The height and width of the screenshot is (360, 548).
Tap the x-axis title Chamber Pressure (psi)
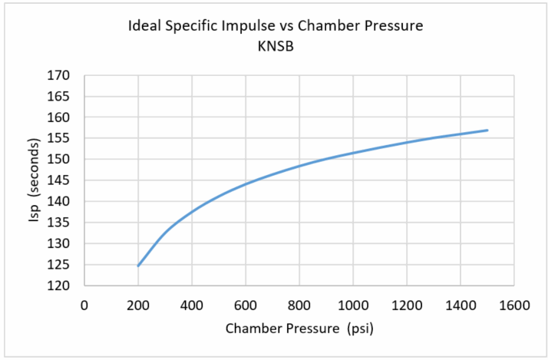299,329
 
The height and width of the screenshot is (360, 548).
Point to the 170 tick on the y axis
61,76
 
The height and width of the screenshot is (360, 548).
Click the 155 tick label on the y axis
61,139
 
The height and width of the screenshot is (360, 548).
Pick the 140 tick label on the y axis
61,202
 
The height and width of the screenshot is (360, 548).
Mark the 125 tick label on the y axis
61,265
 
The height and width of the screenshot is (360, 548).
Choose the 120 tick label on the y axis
61,286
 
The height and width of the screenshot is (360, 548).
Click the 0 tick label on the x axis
84,304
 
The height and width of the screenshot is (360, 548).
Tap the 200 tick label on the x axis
138,304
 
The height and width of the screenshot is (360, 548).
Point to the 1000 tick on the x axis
352,304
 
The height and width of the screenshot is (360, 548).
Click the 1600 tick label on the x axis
513,304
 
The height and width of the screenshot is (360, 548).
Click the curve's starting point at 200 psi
139,266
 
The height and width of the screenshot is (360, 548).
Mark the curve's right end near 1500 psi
487,130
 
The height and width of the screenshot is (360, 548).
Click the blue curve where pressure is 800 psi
299,166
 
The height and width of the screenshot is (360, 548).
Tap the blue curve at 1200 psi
406,142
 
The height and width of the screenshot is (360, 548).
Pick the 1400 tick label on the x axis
460,304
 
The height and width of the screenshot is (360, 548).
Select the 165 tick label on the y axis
61,97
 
